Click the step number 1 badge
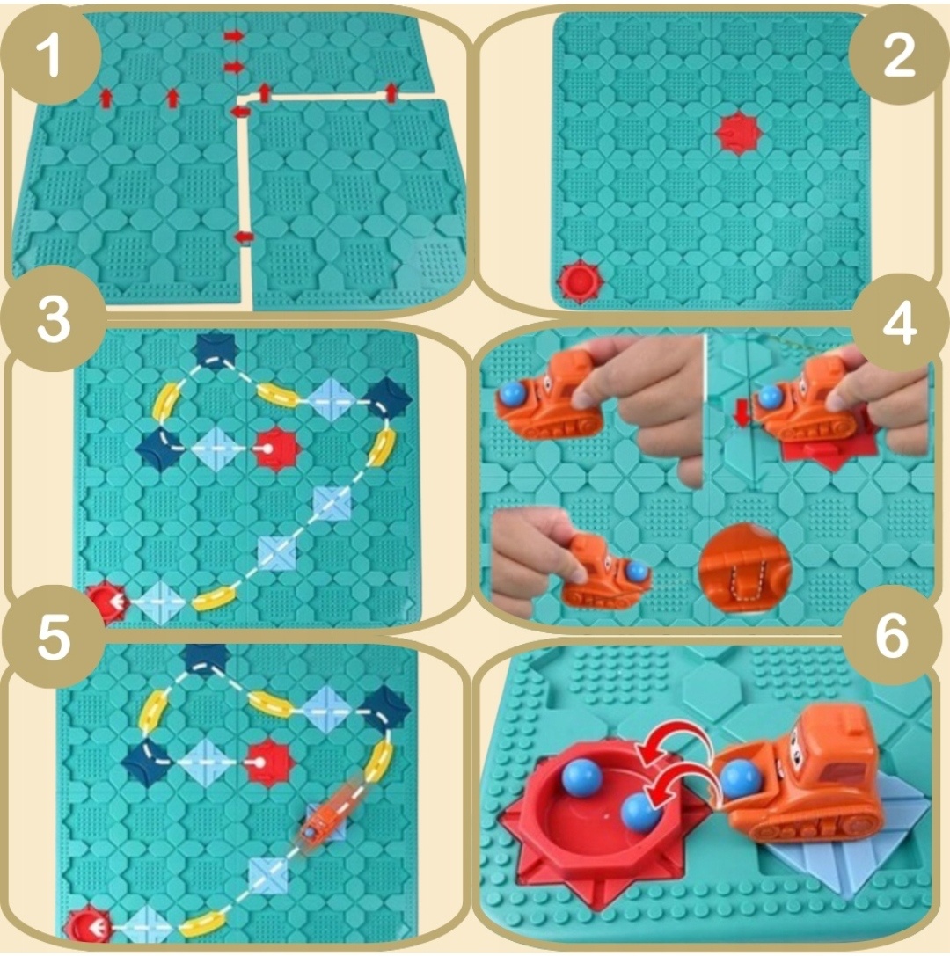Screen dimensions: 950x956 coord(51,56)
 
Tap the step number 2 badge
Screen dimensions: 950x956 coord(898,56)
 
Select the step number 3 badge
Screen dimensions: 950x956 coord(54,321)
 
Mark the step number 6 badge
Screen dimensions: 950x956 coord(892,636)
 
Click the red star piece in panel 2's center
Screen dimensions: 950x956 coord(738,132)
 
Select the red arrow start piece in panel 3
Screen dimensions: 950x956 coord(108,603)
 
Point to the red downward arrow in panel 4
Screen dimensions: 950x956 coord(742,415)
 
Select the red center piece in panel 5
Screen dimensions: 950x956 coord(269,762)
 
